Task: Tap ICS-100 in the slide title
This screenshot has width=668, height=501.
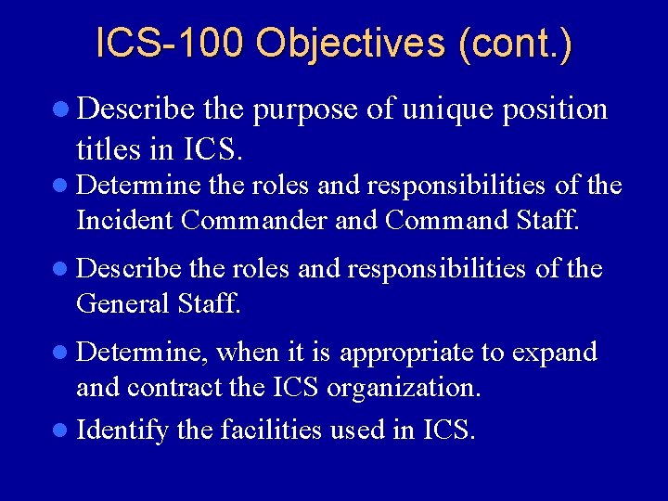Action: (x=170, y=45)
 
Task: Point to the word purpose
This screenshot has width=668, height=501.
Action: (x=305, y=109)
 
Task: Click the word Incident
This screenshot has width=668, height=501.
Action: (x=125, y=220)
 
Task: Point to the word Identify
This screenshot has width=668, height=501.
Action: (x=122, y=430)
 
